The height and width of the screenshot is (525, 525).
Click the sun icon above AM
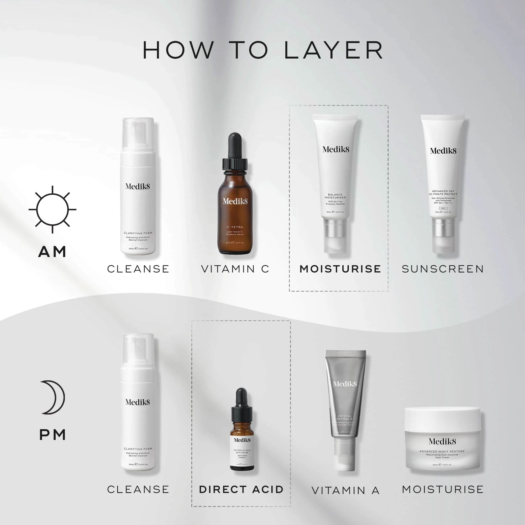pyautogui.click(x=52, y=209)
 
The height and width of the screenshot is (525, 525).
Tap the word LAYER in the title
pyautogui.click(x=333, y=50)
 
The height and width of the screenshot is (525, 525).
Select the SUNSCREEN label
pyautogui.click(x=443, y=269)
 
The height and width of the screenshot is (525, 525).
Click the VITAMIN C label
pyautogui.click(x=235, y=269)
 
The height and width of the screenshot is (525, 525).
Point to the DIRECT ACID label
pyautogui.click(x=241, y=489)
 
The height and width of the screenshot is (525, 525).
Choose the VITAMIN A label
pyautogui.click(x=345, y=491)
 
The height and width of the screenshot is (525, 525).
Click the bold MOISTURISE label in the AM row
pyautogui.click(x=340, y=269)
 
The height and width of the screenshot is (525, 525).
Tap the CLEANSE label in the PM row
pyautogui.click(x=138, y=489)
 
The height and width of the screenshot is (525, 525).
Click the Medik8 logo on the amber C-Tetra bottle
pyautogui.click(x=235, y=201)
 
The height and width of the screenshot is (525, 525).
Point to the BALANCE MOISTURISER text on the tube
pyautogui.click(x=335, y=196)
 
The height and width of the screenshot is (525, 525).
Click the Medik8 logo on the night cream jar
pyautogui.click(x=442, y=441)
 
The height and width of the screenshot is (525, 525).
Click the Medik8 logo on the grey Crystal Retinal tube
pyautogui.click(x=345, y=384)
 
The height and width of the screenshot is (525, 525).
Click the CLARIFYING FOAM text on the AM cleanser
pyautogui.click(x=138, y=233)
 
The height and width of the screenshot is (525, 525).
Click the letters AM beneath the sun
pyautogui.click(x=52, y=252)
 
